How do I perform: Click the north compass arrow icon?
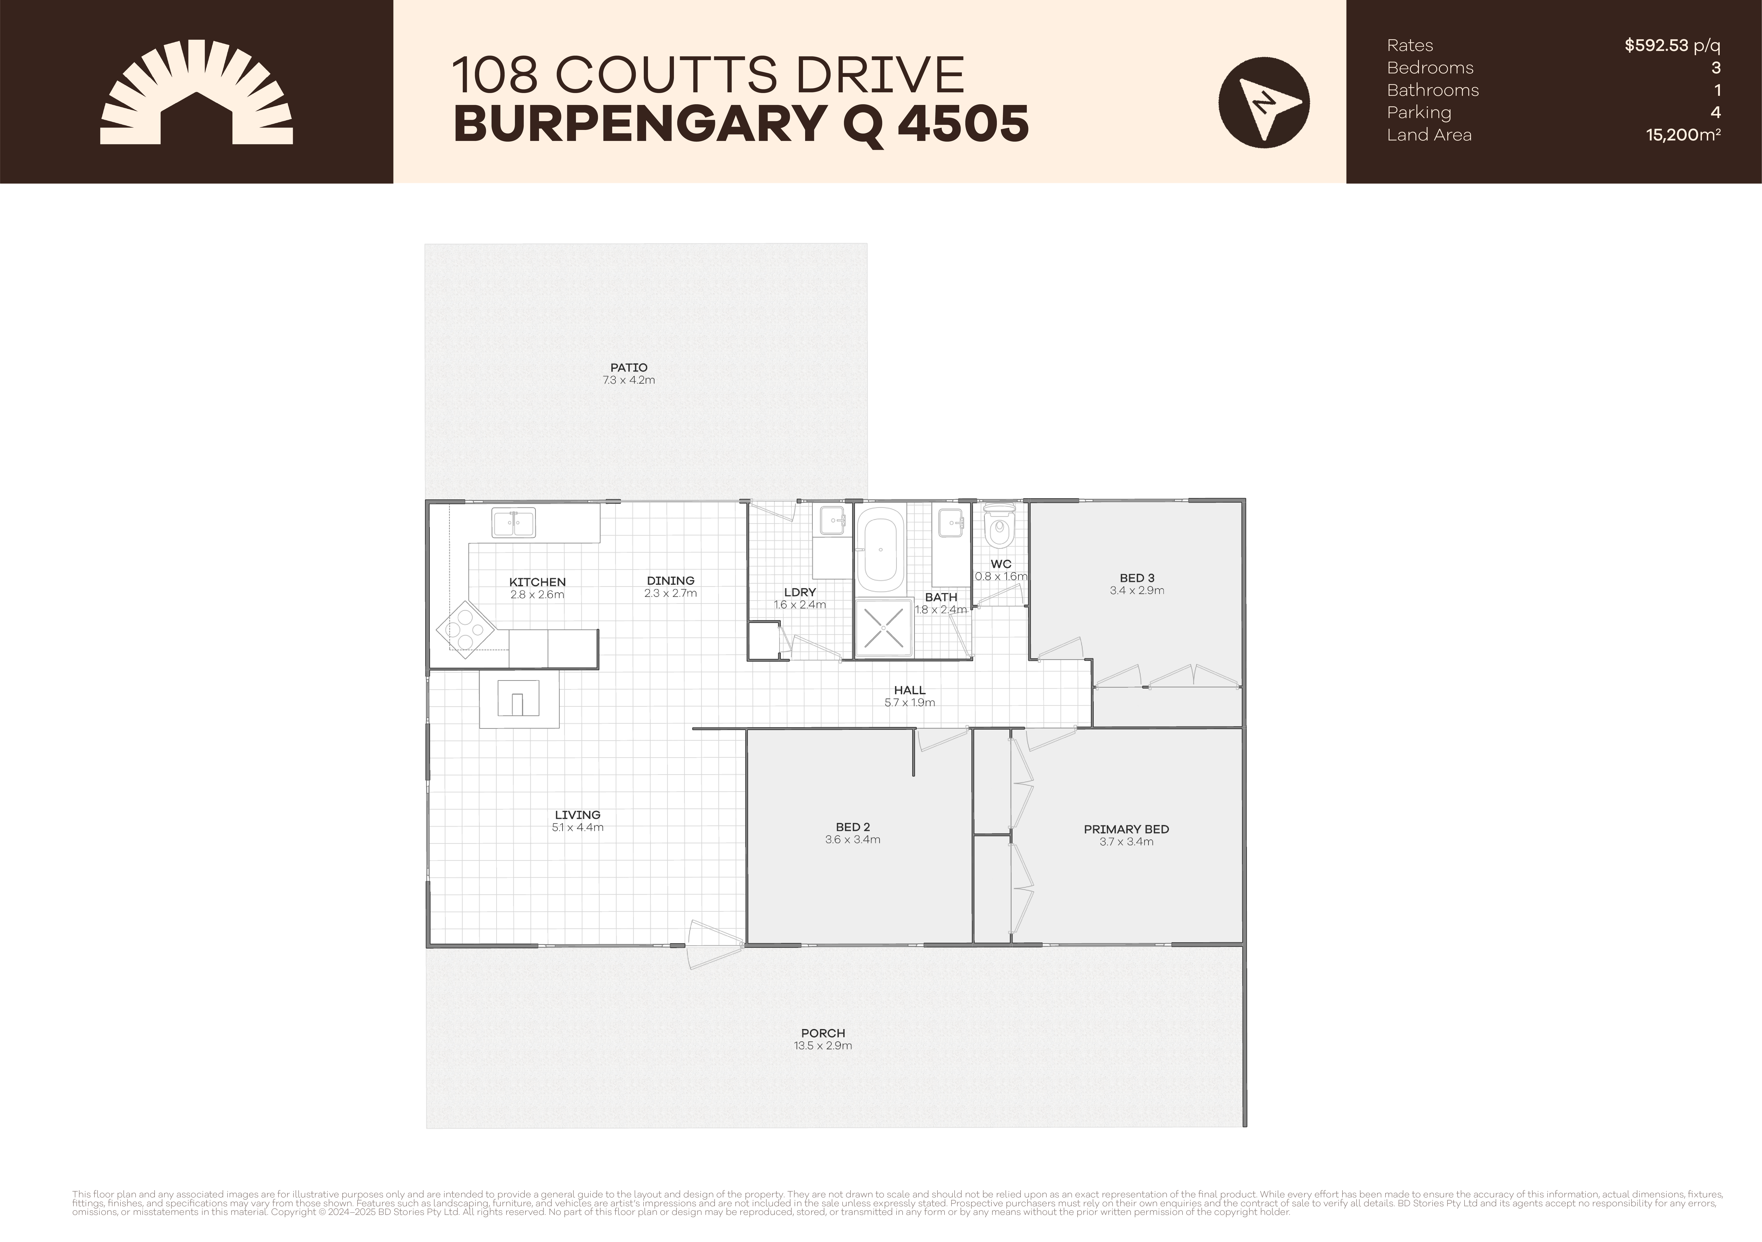[1264, 103]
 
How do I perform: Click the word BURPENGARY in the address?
[628, 124]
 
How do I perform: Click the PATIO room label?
[629, 367]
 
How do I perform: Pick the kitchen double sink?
[514, 523]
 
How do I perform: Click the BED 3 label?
[1136, 578]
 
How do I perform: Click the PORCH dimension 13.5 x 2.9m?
[823, 1046]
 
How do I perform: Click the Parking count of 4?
[1715, 113]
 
